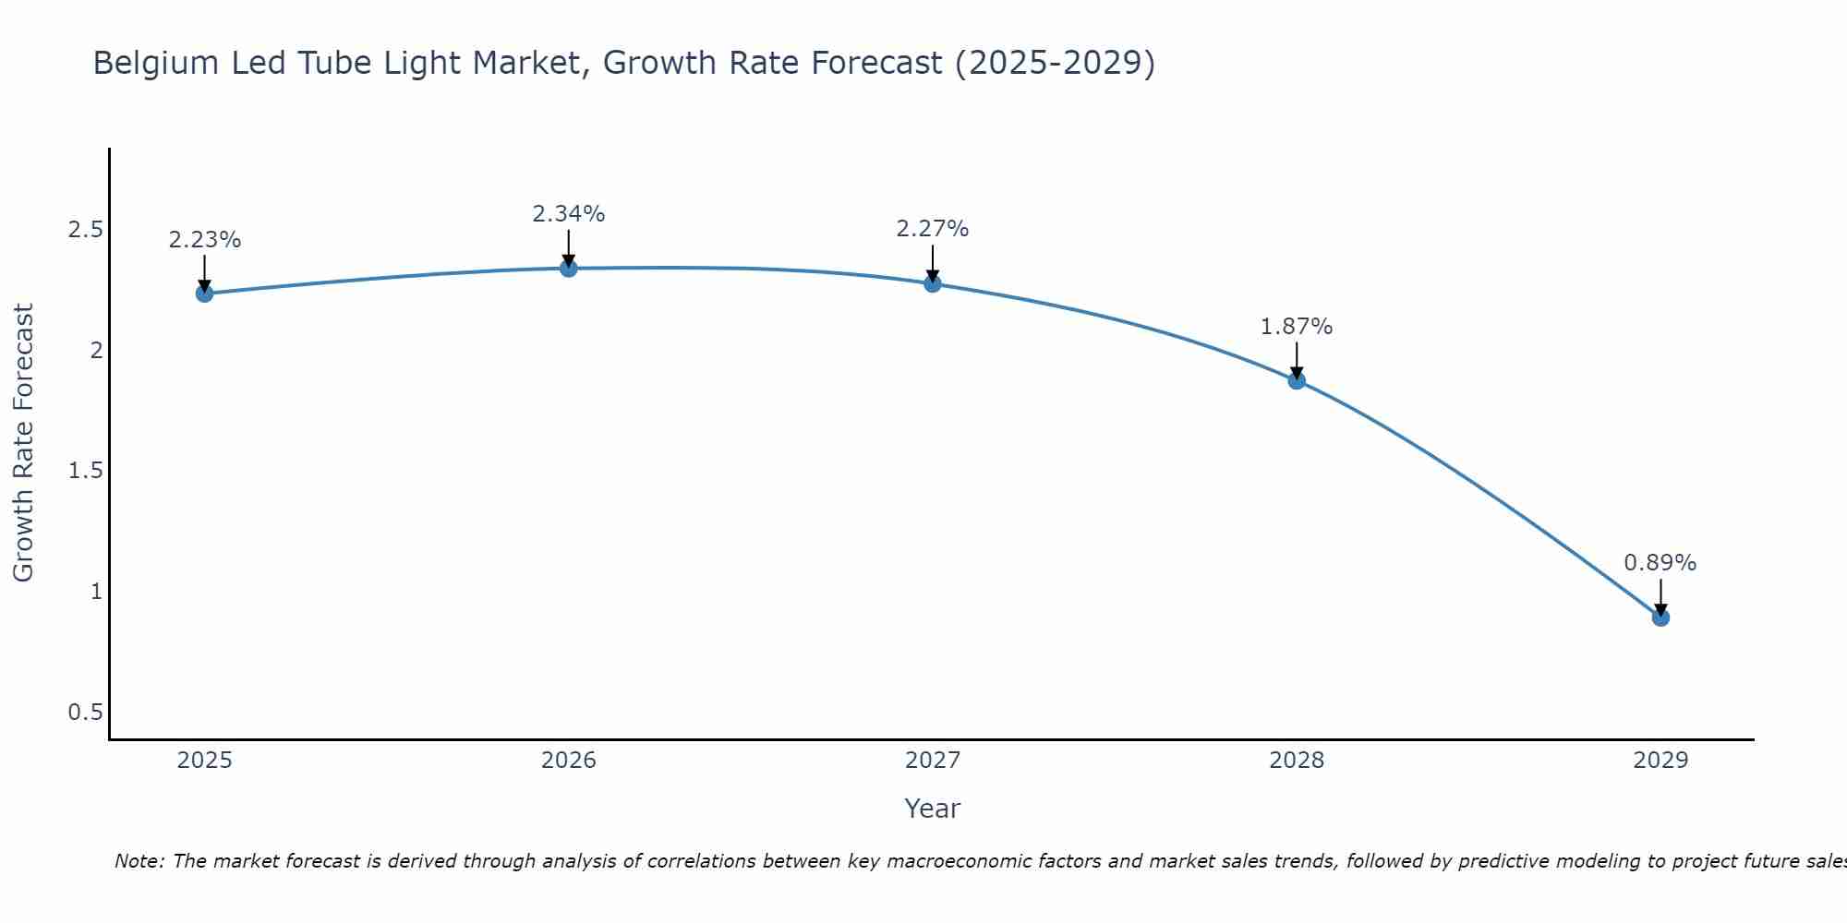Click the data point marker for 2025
point(205,294)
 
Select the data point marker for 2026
point(569,269)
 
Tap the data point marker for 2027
point(933,283)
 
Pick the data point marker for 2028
point(1297,380)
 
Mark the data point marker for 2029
point(1660,617)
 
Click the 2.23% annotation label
point(205,240)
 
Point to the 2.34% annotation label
point(569,214)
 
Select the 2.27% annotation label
point(933,229)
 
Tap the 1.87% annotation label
point(1297,327)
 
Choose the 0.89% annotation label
point(1660,563)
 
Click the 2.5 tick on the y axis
point(85,230)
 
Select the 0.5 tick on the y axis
point(85,713)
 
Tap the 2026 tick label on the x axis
point(569,761)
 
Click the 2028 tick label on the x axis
point(1297,761)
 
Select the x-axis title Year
point(933,809)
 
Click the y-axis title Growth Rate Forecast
point(24,443)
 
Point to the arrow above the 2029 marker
point(1660,596)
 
